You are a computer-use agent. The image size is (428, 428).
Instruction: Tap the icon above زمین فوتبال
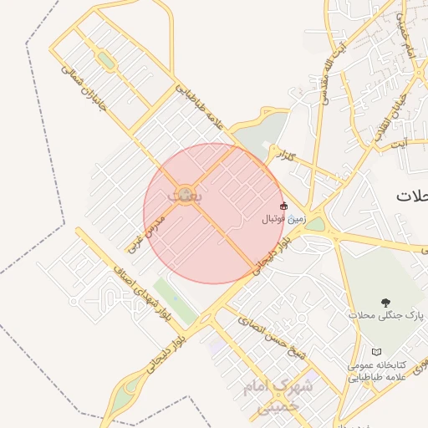[283, 206]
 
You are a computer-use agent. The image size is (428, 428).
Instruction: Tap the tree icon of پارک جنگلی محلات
[385, 302]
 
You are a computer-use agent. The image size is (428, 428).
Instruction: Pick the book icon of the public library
[376, 352]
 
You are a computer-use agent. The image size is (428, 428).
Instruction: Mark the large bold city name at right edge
[412, 196]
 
